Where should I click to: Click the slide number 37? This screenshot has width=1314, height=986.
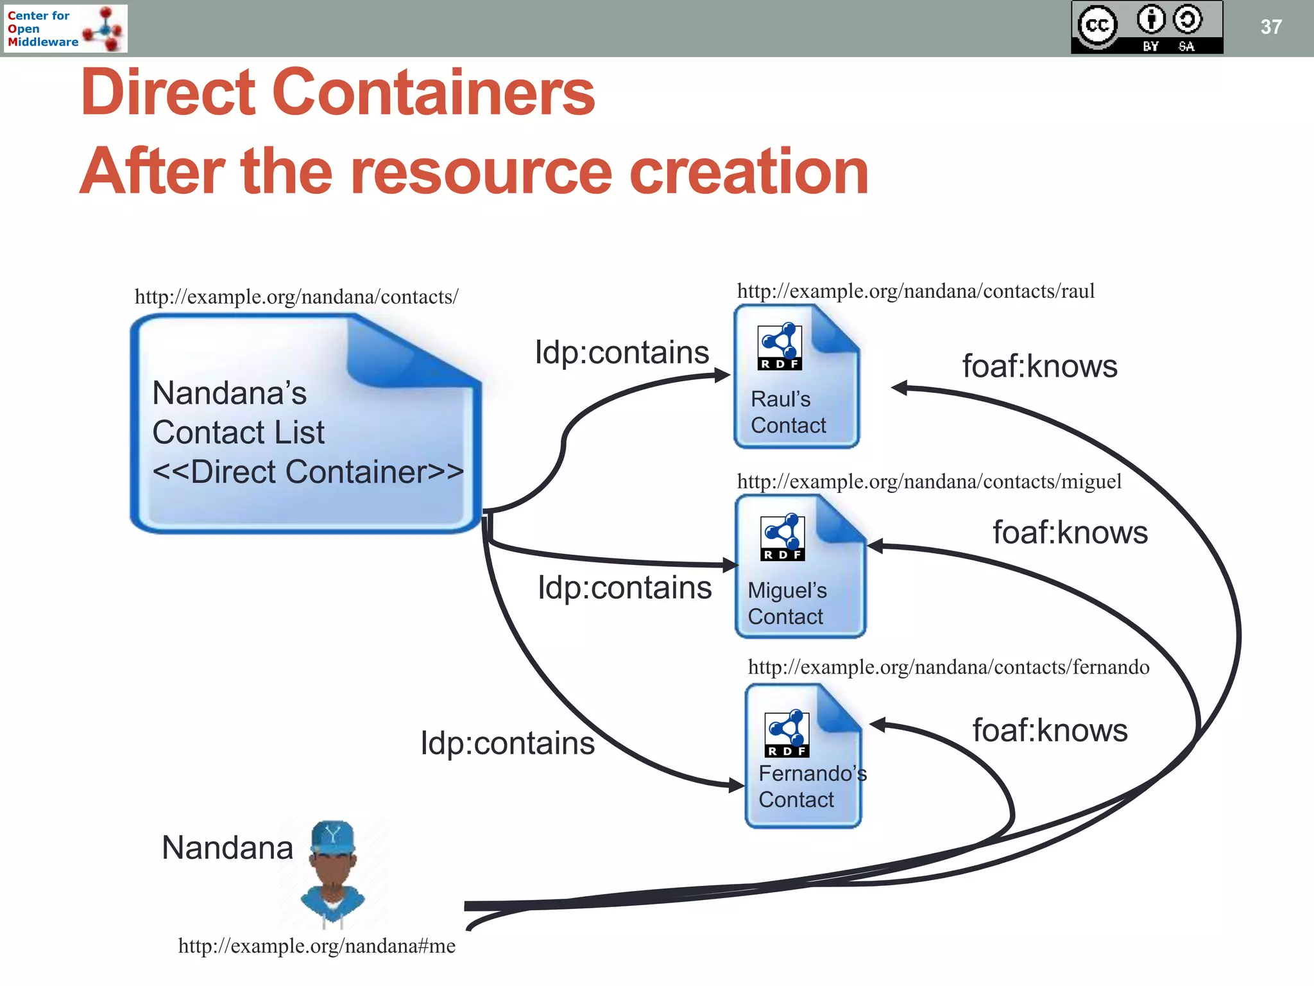(1270, 27)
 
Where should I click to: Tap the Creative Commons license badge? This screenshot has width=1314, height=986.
(1147, 27)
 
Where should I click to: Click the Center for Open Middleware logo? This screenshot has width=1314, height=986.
(65, 28)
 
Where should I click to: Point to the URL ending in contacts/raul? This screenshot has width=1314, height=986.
(916, 291)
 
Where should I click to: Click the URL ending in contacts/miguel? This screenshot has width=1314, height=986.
(928, 481)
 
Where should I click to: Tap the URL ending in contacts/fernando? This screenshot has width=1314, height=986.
(948, 667)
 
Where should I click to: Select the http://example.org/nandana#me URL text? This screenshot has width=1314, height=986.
(316, 946)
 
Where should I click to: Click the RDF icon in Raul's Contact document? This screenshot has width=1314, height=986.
(780, 347)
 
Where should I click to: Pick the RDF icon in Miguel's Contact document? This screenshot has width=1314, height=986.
(782, 537)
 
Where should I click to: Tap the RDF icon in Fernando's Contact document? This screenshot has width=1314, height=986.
(787, 733)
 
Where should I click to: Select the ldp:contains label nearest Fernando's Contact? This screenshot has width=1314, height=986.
(507, 743)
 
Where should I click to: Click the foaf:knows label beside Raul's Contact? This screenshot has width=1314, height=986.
(1039, 367)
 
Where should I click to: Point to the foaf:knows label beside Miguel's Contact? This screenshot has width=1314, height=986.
(1070, 533)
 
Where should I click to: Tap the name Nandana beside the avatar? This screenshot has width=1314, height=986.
(227, 847)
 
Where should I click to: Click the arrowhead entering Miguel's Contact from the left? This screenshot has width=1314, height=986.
(730, 565)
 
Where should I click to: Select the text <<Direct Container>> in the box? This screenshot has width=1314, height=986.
(308, 472)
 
